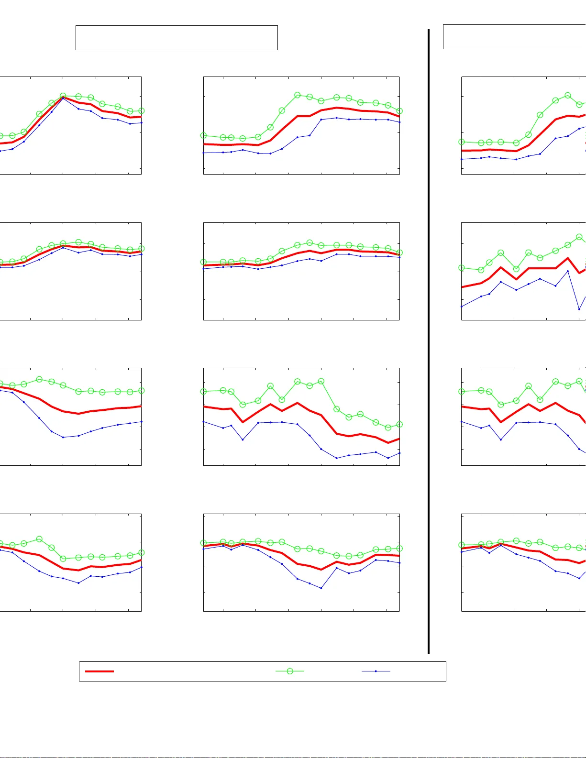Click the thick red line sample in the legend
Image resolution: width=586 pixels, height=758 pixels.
click(x=100, y=671)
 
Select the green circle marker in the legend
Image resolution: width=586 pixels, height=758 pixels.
click(x=290, y=671)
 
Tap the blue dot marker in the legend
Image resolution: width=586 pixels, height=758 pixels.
click(x=376, y=671)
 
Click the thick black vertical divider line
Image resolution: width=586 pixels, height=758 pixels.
click(x=429, y=335)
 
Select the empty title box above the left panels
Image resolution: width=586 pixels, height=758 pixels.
click(x=177, y=38)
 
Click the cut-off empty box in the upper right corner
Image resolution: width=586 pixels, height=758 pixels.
click(x=514, y=37)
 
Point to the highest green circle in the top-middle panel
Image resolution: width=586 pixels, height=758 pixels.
click(x=297, y=95)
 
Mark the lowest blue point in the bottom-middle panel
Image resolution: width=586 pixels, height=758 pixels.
click(x=321, y=588)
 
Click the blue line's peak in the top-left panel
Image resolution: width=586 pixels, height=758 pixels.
click(x=63, y=98)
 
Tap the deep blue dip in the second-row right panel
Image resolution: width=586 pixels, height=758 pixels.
click(x=579, y=309)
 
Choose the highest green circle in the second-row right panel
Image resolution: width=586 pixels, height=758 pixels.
click(x=579, y=237)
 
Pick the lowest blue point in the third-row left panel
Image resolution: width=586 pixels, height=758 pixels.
click(x=63, y=437)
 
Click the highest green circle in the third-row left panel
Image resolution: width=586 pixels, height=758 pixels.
click(x=39, y=379)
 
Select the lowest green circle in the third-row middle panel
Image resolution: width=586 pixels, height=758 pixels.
click(x=388, y=428)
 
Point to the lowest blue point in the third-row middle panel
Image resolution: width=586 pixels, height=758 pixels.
click(x=337, y=458)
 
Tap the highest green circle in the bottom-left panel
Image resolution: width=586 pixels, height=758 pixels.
click(x=39, y=539)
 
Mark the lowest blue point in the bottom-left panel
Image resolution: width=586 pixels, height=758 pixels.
click(x=78, y=583)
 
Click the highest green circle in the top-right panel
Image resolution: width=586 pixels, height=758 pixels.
click(x=568, y=95)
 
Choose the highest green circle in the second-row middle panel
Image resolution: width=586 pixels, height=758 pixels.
click(x=310, y=243)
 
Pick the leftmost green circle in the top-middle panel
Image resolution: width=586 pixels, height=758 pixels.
click(x=204, y=135)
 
